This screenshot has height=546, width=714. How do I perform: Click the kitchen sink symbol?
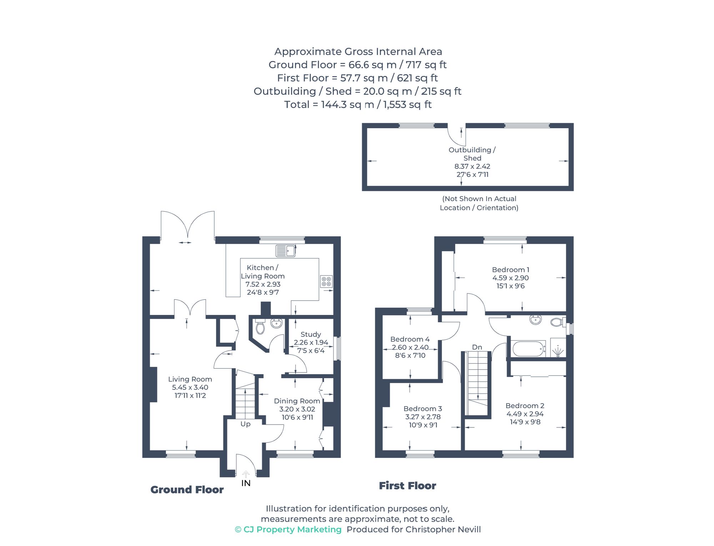tap(286, 251)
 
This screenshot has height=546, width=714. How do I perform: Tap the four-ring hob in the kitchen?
tap(326, 281)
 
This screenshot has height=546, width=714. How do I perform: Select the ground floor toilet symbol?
tap(260, 327)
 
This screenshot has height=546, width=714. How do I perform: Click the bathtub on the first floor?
tap(528, 349)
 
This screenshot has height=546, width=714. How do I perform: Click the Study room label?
tap(311, 334)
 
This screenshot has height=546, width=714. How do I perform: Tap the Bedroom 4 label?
tap(410, 339)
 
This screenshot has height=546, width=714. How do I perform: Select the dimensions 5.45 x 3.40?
tap(190, 387)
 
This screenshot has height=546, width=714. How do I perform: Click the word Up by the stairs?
tap(245, 424)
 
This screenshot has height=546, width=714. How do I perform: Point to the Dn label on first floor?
tap(477, 347)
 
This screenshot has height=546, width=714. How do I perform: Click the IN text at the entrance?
tap(246, 483)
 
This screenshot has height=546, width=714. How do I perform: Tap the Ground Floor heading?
tap(187, 490)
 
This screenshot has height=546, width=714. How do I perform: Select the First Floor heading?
tap(407, 486)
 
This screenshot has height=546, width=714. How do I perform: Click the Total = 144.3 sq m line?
tap(358, 105)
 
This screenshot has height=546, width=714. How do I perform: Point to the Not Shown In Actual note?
tap(479, 199)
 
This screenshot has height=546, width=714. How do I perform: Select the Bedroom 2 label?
tap(525, 406)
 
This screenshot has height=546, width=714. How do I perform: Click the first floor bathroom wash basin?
tap(535, 319)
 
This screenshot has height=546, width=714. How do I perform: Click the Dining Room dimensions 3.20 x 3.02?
tap(297, 409)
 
